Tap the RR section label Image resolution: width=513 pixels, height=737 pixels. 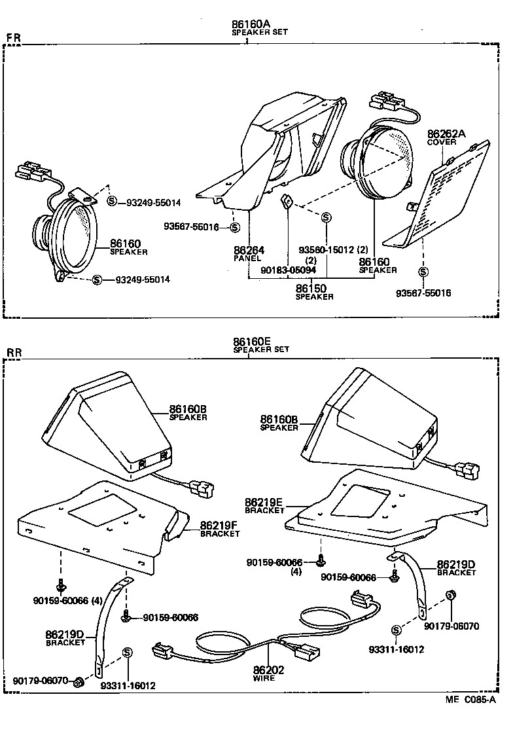[14, 353]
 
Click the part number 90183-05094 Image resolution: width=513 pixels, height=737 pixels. [288, 270]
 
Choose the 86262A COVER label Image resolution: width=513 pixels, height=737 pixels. [446, 137]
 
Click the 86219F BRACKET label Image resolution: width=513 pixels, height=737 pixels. [219, 528]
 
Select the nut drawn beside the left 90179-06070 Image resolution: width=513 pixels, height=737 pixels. [78, 682]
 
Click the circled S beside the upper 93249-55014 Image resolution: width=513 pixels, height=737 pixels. [111, 202]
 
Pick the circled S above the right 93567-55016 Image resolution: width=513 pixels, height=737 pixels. [423, 272]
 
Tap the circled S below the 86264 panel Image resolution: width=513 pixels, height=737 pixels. [234, 227]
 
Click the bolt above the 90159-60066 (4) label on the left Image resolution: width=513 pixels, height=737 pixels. [60, 582]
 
